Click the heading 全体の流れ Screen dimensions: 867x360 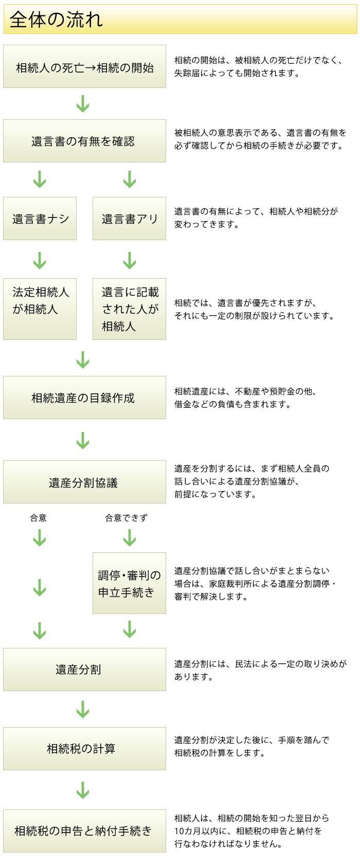pyautogui.click(x=57, y=20)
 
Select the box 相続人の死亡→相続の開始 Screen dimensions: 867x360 pyautogui.click(x=84, y=67)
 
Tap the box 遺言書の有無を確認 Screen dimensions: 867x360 pyautogui.click(x=84, y=141)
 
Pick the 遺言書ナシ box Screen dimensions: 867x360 pyautogui.click(x=40, y=219)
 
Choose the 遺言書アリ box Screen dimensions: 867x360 pyautogui.click(x=129, y=219)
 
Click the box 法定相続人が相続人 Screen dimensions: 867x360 pyautogui.click(x=40, y=309)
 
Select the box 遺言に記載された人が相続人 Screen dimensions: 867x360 pyautogui.click(x=129, y=309)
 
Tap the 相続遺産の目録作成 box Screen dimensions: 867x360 pyautogui.click(x=84, y=398)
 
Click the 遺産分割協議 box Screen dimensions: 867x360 pyautogui.click(x=84, y=482)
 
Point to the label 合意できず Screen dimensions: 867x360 pyautogui.click(x=126, y=518)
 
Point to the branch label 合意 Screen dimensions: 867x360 pyautogui.click(x=39, y=518)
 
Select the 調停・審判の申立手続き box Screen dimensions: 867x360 pyautogui.click(x=129, y=584)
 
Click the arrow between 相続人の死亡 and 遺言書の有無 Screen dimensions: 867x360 pyautogui.click(x=83, y=104)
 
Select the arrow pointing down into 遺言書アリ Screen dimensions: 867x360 pyautogui.click(x=130, y=179)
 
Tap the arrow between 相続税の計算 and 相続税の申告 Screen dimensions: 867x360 pyautogui.click(x=83, y=790)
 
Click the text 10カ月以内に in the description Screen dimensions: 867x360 pyautogui.click(x=203, y=831)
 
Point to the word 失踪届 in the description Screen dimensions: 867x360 pyautogui.click(x=186, y=74)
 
